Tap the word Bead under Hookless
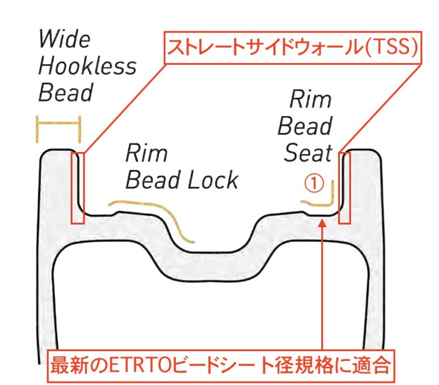click(x=65, y=92)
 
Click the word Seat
click(x=308, y=154)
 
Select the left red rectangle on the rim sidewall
click(x=77, y=188)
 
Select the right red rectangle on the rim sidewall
click(x=344, y=188)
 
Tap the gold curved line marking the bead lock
click(x=159, y=214)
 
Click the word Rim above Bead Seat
click(x=310, y=100)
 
